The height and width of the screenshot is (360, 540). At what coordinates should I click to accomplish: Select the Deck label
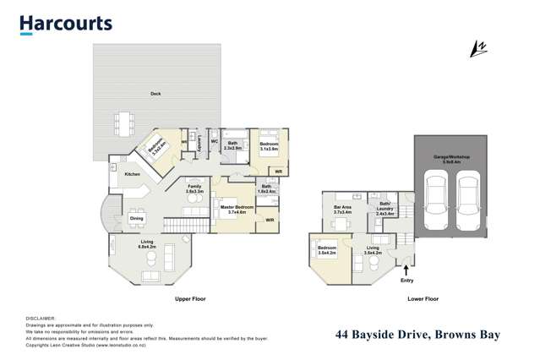coord(155,94)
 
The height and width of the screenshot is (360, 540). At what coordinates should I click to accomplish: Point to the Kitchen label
coord(133,174)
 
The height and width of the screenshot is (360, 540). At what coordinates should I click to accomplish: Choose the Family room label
coord(194,188)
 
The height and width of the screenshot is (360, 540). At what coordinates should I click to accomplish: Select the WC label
coord(215,141)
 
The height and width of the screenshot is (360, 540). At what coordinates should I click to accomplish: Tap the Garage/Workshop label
coord(453,158)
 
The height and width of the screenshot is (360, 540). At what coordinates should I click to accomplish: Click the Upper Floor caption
coord(191,299)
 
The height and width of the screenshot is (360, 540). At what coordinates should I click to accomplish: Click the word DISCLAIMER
coord(41,317)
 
